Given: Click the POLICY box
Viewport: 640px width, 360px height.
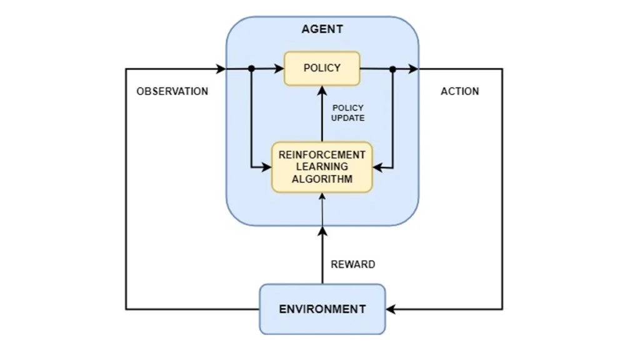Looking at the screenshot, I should coord(322,68).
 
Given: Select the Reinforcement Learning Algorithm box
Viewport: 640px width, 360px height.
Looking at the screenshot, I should coord(322,167).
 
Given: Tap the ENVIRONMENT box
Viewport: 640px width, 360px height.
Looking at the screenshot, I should coord(322,309).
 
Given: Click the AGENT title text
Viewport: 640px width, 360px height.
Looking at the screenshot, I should coord(322,29).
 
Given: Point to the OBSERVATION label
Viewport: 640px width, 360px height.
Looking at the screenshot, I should coord(172,91).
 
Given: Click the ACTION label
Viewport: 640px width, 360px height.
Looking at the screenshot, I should coord(459,91).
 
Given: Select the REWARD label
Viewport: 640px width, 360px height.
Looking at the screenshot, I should coord(353,264).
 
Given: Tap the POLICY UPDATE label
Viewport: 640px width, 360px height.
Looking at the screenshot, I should coord(348,112).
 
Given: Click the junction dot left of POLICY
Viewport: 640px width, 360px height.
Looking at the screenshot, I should coord(251,69).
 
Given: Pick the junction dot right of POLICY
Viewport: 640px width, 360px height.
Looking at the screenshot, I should coord(392,69).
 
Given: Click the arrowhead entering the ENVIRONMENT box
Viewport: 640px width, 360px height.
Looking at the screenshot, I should coord(391,309).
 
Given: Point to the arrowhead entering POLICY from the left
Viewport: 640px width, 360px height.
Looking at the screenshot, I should coord(279,69).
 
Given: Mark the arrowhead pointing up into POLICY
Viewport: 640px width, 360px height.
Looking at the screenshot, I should coord(322,90).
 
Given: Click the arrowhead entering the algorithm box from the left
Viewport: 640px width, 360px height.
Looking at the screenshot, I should coord(267,167).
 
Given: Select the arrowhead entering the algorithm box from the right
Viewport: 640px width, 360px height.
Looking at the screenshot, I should coord(377,167).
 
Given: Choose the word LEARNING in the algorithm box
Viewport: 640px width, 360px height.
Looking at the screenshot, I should coord(322,167).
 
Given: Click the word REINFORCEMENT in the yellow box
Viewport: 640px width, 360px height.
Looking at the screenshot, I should coord(322,155).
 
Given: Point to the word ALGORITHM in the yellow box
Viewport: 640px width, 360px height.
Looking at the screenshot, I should coord(322,179).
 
